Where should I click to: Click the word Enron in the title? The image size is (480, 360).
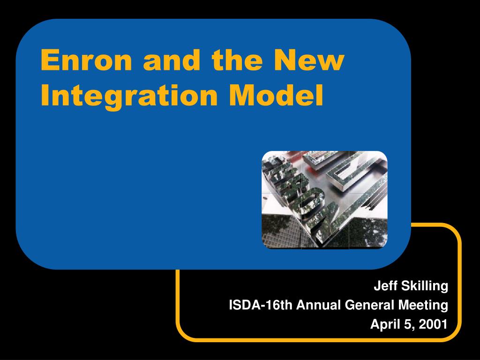86,60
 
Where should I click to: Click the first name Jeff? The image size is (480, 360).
386,285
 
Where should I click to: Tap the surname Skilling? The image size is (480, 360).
425,286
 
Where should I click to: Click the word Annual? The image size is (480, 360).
318,305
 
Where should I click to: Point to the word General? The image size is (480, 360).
369,305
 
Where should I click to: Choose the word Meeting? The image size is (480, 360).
423,306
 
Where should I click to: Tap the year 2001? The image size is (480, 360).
433,324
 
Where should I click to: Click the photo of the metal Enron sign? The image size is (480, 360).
324,200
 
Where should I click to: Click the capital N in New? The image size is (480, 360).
285,60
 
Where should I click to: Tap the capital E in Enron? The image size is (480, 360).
50,60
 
